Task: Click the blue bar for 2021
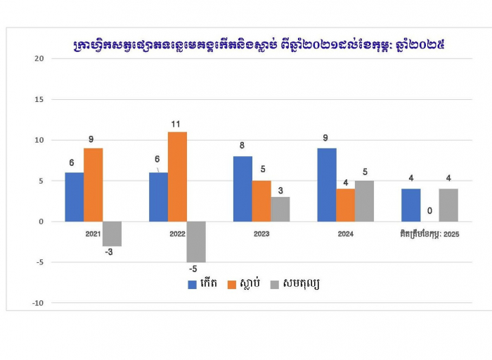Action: point(74,197)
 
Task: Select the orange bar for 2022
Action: point(177,176)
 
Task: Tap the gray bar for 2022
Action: point(196,241)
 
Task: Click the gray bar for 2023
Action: point(280,209)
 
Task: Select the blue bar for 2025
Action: point(410,205)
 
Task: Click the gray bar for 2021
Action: point(112,233)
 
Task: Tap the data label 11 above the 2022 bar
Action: point(177,124)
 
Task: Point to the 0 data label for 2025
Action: point(429,211)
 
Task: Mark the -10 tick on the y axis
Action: point(37,303)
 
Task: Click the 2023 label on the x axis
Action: point(261,233)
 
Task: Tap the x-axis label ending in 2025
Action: point(429,233)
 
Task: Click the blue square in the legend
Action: point(192,284)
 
